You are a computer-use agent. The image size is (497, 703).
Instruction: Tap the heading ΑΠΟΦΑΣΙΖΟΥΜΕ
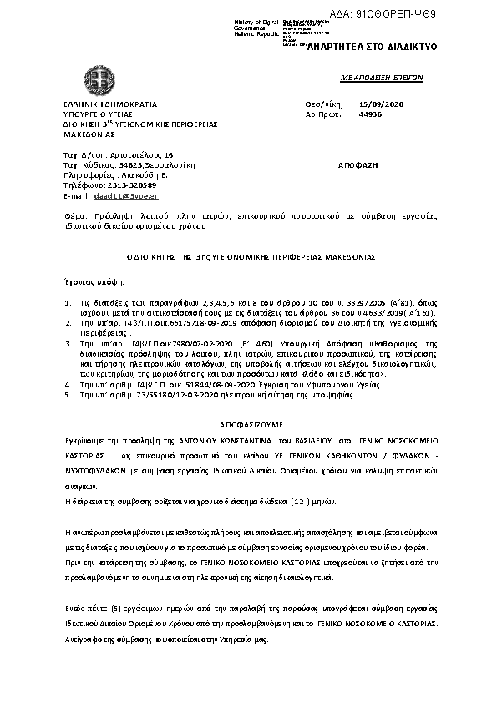pyautogui.click(x=248, y=414)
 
